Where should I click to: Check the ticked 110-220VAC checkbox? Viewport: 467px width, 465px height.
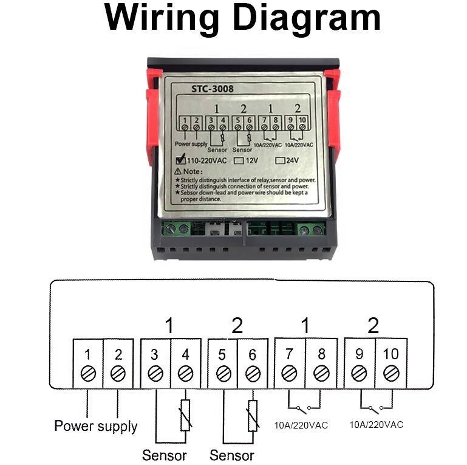tap(180, 161)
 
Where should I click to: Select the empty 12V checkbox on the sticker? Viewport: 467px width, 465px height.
tap(239, 161)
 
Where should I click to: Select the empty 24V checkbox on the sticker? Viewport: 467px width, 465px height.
tap(280, 161)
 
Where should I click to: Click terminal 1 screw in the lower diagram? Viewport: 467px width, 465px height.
tap(88, 373)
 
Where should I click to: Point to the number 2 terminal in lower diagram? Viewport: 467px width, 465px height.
tap(118, 373)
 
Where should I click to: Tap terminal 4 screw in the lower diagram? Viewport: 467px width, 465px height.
tap(186, 373)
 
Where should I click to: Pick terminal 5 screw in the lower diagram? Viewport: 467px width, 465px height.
tap(223, 373)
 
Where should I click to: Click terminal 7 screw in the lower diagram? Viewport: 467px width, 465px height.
tap(290, 373)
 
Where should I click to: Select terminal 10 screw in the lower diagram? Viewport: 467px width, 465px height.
tap(391, 373)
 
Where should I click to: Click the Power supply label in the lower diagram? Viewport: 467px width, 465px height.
tap(96, 426)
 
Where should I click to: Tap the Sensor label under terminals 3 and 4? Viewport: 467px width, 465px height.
tap(165, 455)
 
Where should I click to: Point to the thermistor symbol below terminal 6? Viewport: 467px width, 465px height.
tap(253, 416)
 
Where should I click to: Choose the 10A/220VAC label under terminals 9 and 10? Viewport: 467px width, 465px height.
tap(376, 425)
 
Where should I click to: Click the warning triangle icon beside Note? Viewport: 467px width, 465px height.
tap(178, 172)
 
